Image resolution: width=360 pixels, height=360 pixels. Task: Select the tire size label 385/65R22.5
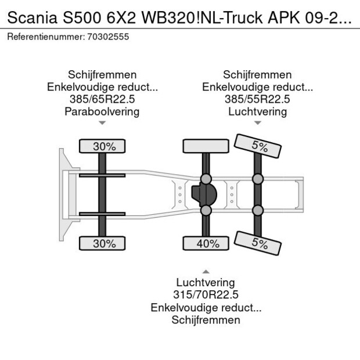pyautogui.click(x=102, y=99)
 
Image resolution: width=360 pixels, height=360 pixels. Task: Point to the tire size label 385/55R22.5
pyautogui.click(x=257, y=99)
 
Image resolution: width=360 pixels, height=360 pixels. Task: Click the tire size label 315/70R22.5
pyautogui.click(x=206, y=295)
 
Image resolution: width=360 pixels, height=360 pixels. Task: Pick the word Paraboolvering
pyautogui.click(x=102, y=111)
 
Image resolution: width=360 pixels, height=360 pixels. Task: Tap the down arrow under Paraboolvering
pyautogui.click(x=102, y=123)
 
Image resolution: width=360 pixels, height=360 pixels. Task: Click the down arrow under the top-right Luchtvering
pyautogui.click(x=257, y=123)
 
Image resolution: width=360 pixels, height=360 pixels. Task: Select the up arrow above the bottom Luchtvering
pyautogui.click(x=206, y=271)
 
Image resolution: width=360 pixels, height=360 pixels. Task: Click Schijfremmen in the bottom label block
pyautogui.click(x=206, y=320)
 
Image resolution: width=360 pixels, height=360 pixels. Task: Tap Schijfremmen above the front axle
pyautogui.click(x=102, y=75)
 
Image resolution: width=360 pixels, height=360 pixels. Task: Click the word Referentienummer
pyautogui.click(x=45, y=37)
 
